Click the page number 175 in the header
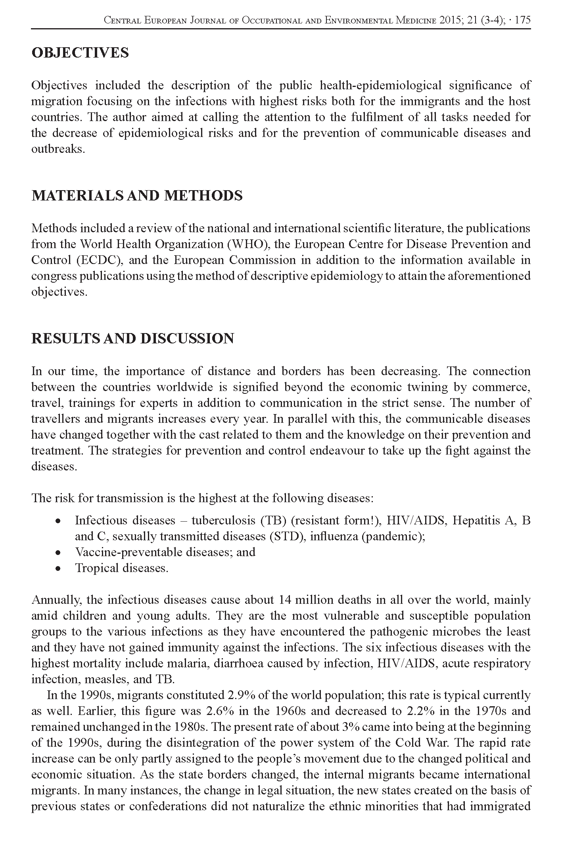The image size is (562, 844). point(522,20)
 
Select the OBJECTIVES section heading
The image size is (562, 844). point(80,53)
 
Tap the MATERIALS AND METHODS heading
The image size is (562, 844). point(137,196)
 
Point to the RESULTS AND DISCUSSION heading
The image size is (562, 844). point(132,339)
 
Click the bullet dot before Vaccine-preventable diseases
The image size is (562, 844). point(58,553)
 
